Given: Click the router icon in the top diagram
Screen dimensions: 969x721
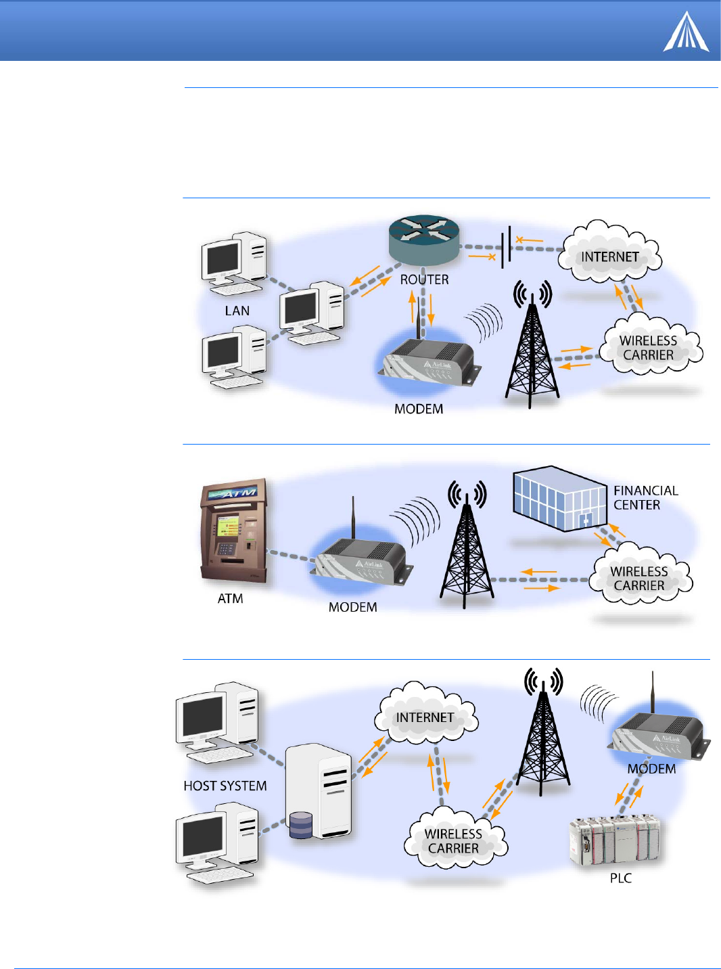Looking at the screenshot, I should (424, 239).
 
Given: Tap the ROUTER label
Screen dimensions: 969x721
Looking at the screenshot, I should (424, 279).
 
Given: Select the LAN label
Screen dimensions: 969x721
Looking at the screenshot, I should (237, 311).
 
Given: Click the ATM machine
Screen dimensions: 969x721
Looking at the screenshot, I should (233, 532).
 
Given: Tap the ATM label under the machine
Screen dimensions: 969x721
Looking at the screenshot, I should (230, 599).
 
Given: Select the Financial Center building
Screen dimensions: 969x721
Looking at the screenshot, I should (559, 499).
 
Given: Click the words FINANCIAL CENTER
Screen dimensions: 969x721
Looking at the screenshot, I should (645, 498).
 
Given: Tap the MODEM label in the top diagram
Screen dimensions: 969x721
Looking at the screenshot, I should (419, 409).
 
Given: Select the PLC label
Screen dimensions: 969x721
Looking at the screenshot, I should (620, 878).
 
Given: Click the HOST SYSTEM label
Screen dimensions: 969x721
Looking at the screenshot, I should (225, 786).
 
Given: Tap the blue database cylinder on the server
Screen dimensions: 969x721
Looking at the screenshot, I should (301, 826).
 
